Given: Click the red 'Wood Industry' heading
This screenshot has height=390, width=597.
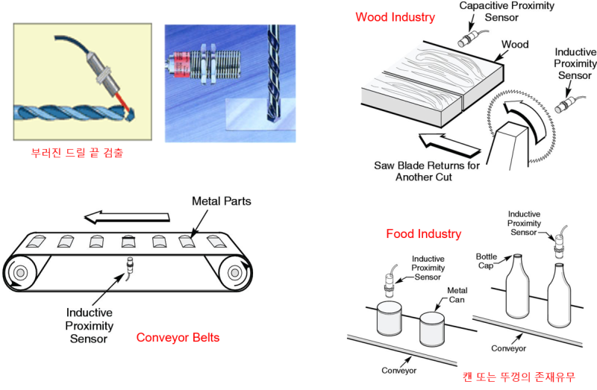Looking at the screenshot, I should coord(394,17).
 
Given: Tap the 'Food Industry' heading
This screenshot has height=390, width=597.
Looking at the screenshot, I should coord(423,234).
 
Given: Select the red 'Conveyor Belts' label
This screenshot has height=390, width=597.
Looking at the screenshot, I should coord(178,337).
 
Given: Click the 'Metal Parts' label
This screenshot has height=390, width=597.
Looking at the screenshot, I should coord(222,201).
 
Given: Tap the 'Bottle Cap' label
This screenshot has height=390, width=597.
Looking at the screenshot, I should coord(487,261).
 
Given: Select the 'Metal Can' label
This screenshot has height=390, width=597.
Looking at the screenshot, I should coord(457,295).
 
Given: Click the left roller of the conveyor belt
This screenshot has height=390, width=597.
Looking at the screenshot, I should coord(22,271).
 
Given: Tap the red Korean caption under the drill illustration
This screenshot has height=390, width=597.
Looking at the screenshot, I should coord(77,154).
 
